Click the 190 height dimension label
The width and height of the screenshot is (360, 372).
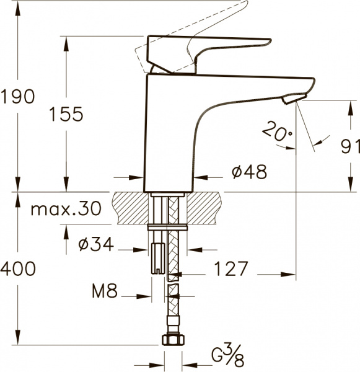point(18,97)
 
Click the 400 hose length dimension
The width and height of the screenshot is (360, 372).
point(18,269)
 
